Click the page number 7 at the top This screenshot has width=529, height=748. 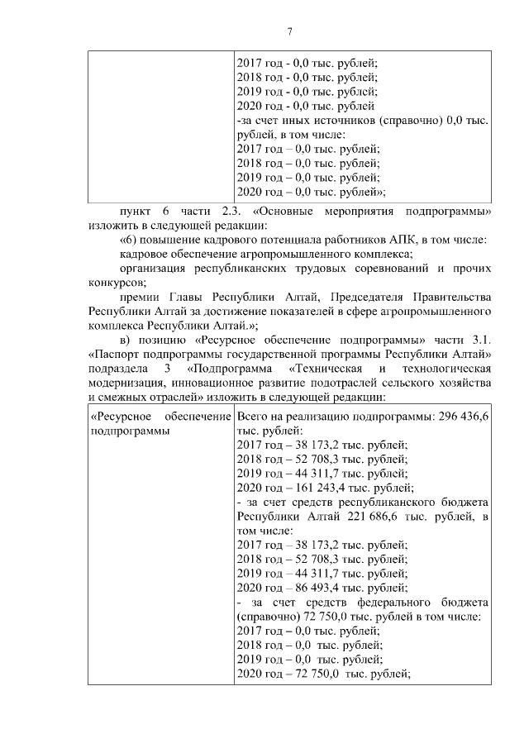coord(289,31)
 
